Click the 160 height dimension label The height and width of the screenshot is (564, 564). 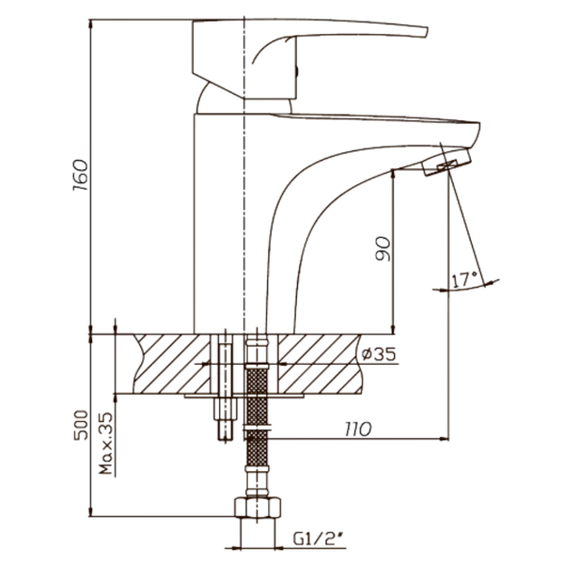point(80,175)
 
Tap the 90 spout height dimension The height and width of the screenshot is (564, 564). point(383,248)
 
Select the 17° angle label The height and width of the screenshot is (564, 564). point(464,280)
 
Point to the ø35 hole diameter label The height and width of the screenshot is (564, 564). point(379,354)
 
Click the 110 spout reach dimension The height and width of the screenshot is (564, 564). point(358,430)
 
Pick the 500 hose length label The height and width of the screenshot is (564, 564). point(81,425)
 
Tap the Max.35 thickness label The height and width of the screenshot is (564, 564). point(105,443)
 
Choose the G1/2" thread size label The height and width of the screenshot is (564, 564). point(318,539)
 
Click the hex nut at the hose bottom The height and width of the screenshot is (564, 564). point(258,508)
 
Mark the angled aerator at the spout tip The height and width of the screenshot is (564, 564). point(446,163)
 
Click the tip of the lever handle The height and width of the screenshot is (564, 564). point(427,32)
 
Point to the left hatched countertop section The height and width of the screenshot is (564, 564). point(171,364)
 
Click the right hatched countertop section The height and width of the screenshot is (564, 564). point(320,364)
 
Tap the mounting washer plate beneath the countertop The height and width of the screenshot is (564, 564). point(243,396)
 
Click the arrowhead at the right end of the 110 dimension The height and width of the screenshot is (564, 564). point(444,438)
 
